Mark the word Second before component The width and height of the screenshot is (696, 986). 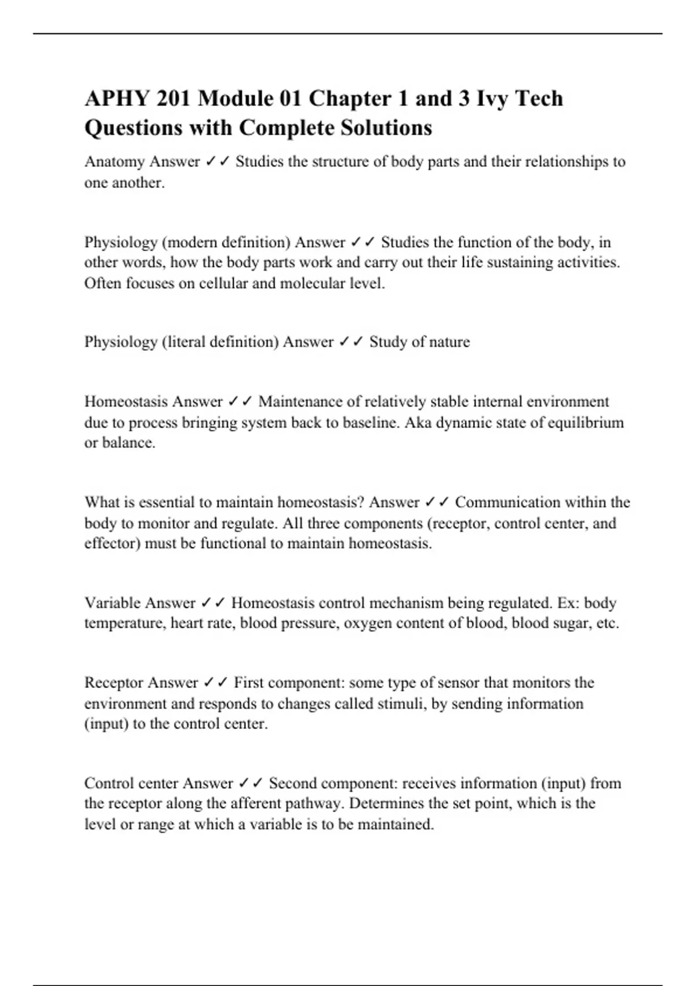(x=293, y=784)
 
